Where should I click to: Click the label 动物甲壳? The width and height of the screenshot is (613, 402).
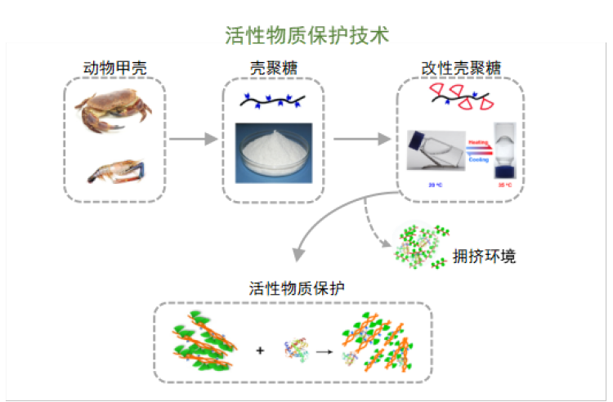tap(115, 66)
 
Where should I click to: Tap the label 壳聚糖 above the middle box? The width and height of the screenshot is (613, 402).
tap(273, 66)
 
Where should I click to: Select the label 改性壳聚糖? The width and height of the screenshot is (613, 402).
tap(460, 66)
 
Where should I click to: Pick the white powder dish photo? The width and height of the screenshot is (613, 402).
tap(274, 153)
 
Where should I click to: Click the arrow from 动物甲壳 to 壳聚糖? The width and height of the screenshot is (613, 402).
tap(193, 140)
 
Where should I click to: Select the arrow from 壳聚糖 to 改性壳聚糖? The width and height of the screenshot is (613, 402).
tap(361, 140)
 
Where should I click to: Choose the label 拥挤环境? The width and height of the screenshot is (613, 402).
tap(484, 257)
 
